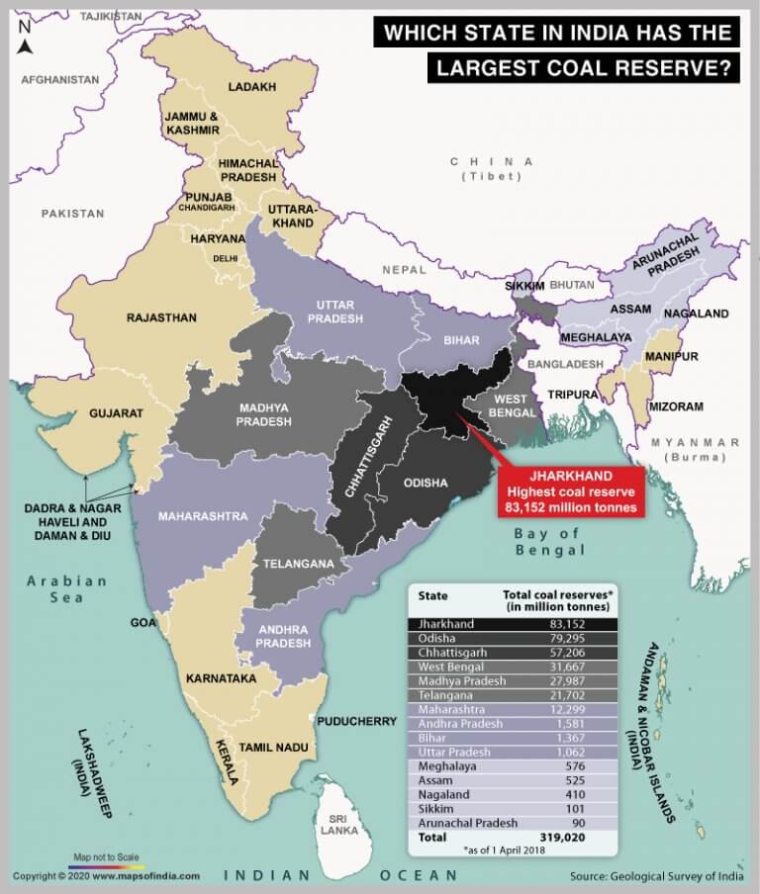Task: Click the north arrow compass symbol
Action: point(26,38)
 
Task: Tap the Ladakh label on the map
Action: point(251,87)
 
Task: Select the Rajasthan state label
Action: point(160,317)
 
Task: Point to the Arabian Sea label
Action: point(67,588)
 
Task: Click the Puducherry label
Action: point(357,722)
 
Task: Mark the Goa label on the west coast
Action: point(142,622)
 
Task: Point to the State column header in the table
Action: point(432,595)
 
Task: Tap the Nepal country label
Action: point(405,269)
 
